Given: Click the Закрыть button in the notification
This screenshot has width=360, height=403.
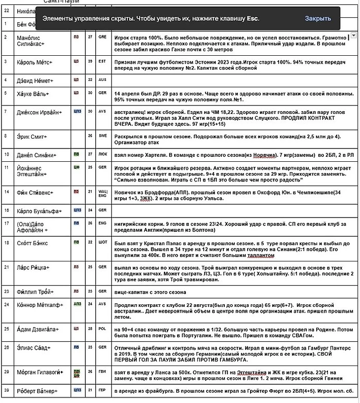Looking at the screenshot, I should point(318,18).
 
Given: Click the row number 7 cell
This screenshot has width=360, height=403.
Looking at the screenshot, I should point(5,111).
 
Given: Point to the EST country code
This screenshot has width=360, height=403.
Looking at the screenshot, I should point(102,61).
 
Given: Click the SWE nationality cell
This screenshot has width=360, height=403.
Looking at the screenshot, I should point(102,136).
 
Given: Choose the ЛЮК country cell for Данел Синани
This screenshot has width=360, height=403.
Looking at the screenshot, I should point(102,154).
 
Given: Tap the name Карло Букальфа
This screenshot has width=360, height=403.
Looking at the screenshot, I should point(39,211).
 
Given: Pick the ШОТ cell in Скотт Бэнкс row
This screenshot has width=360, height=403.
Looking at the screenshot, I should point(102,242).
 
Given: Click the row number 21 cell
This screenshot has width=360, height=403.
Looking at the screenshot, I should point(6,267).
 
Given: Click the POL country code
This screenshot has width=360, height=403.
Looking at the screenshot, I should point(102,328).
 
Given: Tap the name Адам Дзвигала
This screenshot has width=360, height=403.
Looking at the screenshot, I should point(38,329).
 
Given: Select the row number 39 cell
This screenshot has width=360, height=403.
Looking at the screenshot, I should point(6,391).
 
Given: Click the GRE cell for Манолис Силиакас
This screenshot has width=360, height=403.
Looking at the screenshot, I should point(102,37).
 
